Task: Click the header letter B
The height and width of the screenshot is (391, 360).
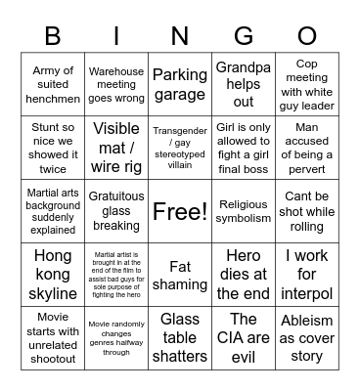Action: pyautogui.click(x=52, y=36)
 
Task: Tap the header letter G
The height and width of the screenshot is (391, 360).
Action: pyautogui.click(x=244, y=36)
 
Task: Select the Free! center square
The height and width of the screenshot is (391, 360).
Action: pyautogui.click(x=180, y=211)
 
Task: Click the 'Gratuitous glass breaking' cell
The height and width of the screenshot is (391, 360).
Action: pyautogui.click(x=115, y=211)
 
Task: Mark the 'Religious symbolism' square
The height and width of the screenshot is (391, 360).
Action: pyautogui.click(x=244, y=211)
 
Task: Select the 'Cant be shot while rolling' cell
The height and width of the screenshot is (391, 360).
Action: pyautogui.click(x=307, y=211)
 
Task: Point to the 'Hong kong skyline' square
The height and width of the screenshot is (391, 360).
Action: pyautogui.click(x=52, y=274)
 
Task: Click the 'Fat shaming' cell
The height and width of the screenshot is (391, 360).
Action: pyautogui.click(x=180, y=274)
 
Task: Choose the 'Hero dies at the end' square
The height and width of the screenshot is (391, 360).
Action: pyautogui.click(x=244, y=274)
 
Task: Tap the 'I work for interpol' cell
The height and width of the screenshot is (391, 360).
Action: pyautogui.click(x=307, y=274)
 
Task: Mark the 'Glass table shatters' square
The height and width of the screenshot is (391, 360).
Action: pyautogui.click(x=180, y=338)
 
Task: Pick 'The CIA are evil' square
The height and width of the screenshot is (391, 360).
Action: pyautogui.click(x=244, y=338)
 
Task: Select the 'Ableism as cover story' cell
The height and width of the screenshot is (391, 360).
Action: pyautogui.click(x=307, y=338)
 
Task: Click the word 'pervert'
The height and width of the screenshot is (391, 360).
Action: pyautogui.click(x=307, y=169)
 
